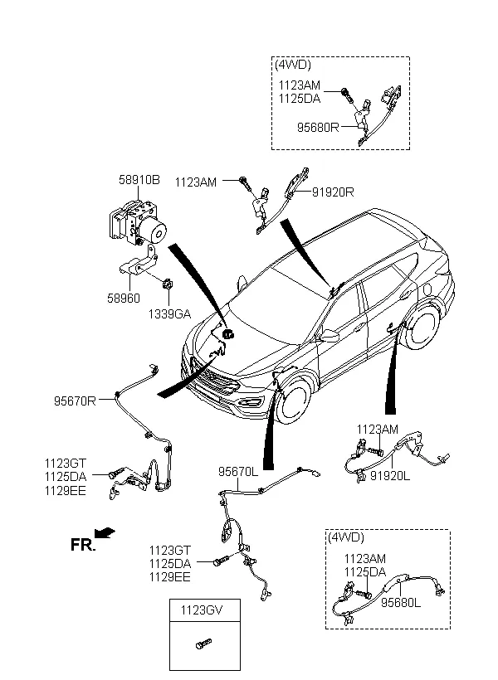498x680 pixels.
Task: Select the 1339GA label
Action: [x=169, y=314]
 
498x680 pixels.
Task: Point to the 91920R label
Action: [x=334, y=192]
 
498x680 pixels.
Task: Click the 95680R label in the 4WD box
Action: [x=319, y=127]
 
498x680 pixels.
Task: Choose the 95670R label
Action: [x=76, y=401]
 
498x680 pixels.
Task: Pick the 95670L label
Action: [x=239, y=470]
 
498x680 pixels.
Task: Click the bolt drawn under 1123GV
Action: [x=202, y=646]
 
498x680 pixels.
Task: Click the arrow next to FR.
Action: [x=105, y=532]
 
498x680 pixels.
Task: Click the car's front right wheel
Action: [x=291, y=397]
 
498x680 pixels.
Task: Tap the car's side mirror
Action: [x=330, y=336]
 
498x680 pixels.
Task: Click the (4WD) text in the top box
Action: [x=293, y=65]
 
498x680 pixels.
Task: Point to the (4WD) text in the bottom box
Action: [x=346, y=538]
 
